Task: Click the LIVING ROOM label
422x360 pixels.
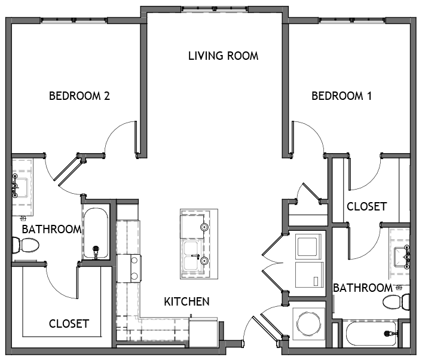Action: [x=223, y=56]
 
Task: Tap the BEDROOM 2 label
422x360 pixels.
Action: [x=81, y=96]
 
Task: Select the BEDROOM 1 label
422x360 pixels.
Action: [x=341, y=96]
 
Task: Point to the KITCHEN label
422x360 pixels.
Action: [x=186, y=301]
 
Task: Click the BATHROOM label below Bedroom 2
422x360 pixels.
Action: [x=51, y=229]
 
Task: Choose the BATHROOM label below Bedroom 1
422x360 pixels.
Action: [x=362, y=288]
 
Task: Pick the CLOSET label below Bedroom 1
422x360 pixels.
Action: [x=366, y=207]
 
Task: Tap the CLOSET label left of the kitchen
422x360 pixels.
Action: [x=69, y=324]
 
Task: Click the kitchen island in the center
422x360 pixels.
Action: [x=198, y=244]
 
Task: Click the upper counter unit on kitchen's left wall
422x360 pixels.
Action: [x=129, y=236]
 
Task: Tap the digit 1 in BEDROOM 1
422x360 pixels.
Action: [x=369, y=96]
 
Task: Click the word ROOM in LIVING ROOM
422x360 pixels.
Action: [x=242, y=56]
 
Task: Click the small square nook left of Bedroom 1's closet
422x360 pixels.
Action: [x=305, y=213]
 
